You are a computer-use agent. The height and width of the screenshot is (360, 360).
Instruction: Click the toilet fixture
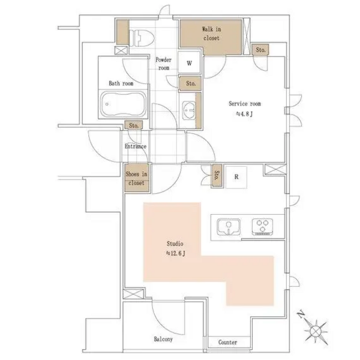[x=142, y=38]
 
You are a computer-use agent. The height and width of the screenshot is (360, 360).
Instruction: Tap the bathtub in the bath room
[x=124, y=104]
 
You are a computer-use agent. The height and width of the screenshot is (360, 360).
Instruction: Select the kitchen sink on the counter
[x=229, y=227]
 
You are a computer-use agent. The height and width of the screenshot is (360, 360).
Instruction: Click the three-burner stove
[x=263, y=227]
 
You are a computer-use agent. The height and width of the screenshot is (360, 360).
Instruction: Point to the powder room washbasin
[x=189, y=110]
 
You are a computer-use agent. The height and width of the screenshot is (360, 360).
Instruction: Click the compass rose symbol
[x=316, y=331]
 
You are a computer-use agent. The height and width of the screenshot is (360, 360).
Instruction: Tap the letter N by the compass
[x=301, y=314]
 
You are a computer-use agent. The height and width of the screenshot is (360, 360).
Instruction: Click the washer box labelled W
[x=190, y=62]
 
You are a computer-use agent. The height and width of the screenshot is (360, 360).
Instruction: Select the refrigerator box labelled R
[x=236, y=177]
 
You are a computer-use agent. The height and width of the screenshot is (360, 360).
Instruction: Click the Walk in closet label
[x=211, y=34]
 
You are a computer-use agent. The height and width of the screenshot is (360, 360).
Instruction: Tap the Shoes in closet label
[x=136, y=178]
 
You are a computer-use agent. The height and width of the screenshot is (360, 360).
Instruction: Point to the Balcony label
[x=163, y=339]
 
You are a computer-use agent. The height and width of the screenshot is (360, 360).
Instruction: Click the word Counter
[x=227, y=343]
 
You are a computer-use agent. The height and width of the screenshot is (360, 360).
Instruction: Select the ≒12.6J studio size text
[x=176, y=253]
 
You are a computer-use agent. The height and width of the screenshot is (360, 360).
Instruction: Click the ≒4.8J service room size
[x=245, y=114]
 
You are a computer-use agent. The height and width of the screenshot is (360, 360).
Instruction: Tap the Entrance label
[x=136, y=146]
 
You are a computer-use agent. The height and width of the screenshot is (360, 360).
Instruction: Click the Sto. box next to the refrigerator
[x=217, y=175]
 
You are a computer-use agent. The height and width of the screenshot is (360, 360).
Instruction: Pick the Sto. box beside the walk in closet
[x=260, y=50]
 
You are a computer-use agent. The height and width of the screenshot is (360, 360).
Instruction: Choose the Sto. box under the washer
[x=190, y=83]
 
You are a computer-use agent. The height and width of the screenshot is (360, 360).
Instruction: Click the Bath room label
[x=121, y=83]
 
